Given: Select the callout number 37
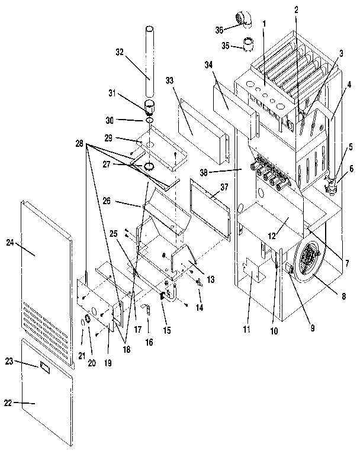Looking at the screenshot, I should pyautogui.click(x=224, y=188).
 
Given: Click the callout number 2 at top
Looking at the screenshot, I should pyautogui.click(x=296, y=9).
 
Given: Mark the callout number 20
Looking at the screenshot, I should pyautogui.click(x=91, y=346).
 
